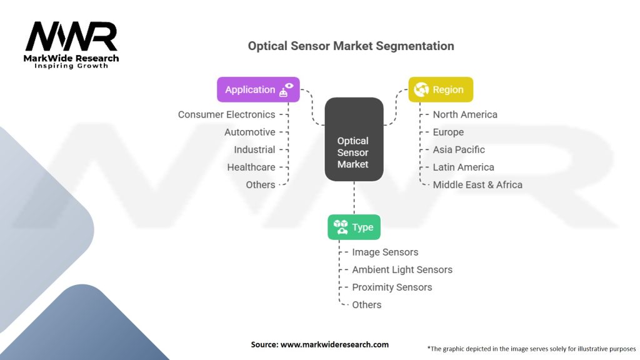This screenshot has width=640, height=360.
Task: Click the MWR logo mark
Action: (x=71, y=36)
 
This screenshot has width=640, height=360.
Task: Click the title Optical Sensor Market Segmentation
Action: (x=351, y=46)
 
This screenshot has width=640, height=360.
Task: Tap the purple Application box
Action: (x=258, y=89)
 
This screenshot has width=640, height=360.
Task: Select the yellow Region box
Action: (x=441, y=89)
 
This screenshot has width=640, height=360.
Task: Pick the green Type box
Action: (x=354, y=227)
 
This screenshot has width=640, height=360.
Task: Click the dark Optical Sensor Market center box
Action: (x=354, y=139)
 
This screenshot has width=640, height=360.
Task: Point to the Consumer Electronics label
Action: (x=226, y=115)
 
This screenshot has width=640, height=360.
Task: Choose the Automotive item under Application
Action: (x=250, y=132)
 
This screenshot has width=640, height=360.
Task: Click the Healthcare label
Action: (x=251, y=167)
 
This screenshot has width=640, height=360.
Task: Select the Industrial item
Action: (x=254, y=150)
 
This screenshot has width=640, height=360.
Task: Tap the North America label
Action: (x=465, y=115)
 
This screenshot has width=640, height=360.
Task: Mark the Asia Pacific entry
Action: (x=459, y=150)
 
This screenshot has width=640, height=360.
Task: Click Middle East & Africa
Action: (x=477, y=185)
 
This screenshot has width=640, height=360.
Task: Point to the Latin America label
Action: (x=463, y=167)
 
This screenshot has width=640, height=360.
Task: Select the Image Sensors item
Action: (x=385, y=252)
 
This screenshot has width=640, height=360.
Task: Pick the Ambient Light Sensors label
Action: (x=402, y=270)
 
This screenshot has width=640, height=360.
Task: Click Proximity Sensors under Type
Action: (x=392, y=287)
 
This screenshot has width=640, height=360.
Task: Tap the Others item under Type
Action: (x=366, y=305)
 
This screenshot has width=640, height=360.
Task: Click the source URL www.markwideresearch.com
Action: (x=334, y=344)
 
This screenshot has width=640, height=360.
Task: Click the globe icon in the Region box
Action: (x=421, y=89)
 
